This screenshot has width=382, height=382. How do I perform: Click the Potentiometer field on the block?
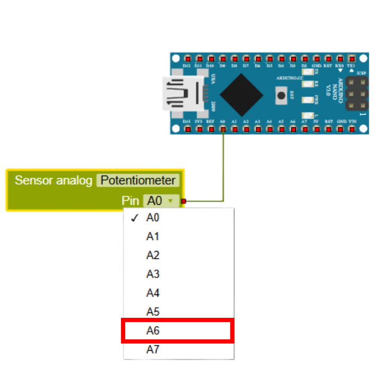coord(138,180)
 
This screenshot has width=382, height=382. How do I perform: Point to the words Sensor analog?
coord(54,180)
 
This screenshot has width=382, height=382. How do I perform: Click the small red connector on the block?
coord(184,201)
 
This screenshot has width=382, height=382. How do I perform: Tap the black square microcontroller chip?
coord(241,94)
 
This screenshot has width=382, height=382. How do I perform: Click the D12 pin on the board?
coord(187,59)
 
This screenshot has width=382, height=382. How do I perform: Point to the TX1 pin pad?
coord(351,59)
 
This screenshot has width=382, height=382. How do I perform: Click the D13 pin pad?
coord(187,128)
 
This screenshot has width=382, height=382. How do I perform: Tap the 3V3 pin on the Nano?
coord(198,128)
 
